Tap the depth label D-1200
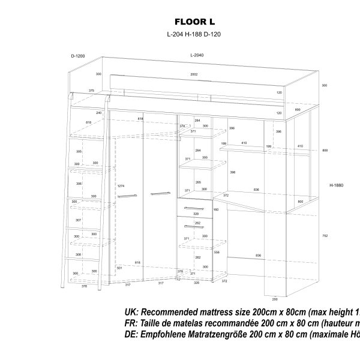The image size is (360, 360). point(78,56)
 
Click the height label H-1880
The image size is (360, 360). point(336,185)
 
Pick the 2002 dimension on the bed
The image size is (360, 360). point(194,74)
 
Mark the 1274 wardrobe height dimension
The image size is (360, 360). point(121,185)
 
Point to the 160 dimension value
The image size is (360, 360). point(215,209)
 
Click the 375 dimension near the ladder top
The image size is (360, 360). point(91,91)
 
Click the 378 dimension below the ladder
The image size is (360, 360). point(84,286)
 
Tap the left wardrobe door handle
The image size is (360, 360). point(127,196)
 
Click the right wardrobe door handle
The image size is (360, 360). point(161,193)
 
